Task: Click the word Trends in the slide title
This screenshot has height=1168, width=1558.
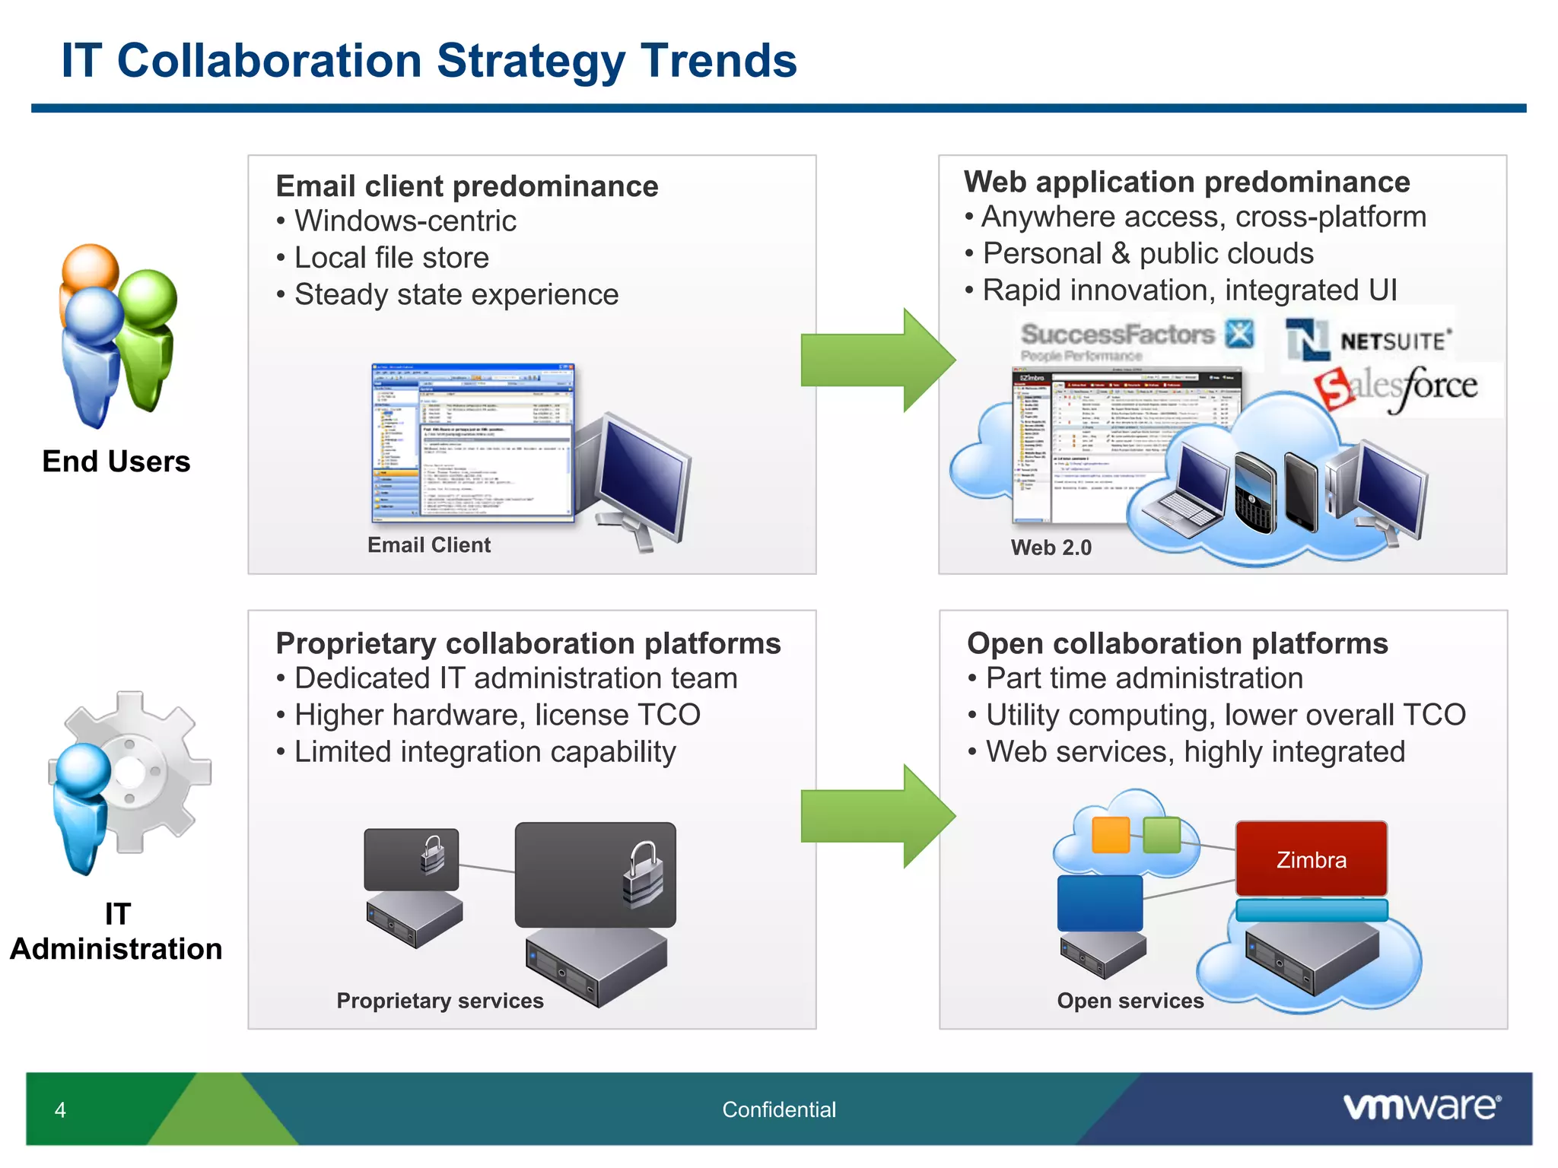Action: pos(718,61)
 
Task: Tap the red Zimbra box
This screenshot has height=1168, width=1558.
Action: pos(1311,859)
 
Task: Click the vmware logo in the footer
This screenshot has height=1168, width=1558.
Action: pos(1422,1106)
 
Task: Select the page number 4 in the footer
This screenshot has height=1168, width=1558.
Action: pos(60,1110)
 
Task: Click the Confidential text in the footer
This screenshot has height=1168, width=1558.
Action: pos(778,1109)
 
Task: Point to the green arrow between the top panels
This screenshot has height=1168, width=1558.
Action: pos(875,360)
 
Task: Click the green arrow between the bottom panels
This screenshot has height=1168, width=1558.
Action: pos(875,816)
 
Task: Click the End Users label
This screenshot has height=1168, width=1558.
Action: pos(116,462)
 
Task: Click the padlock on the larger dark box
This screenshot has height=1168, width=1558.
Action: pos(644,874)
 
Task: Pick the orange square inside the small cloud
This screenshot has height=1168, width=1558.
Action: pos(1110,835)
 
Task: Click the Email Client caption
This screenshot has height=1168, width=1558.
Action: pos(429,545)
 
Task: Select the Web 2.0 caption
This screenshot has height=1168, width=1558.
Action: pos(1051,547)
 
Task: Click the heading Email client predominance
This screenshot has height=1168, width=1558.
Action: pos(466,186)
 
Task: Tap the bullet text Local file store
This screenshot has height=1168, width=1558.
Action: pos(391,258)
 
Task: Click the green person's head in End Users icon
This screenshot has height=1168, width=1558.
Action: pos(148,298)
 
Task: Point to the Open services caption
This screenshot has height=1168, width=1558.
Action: pos(1130,1001)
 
